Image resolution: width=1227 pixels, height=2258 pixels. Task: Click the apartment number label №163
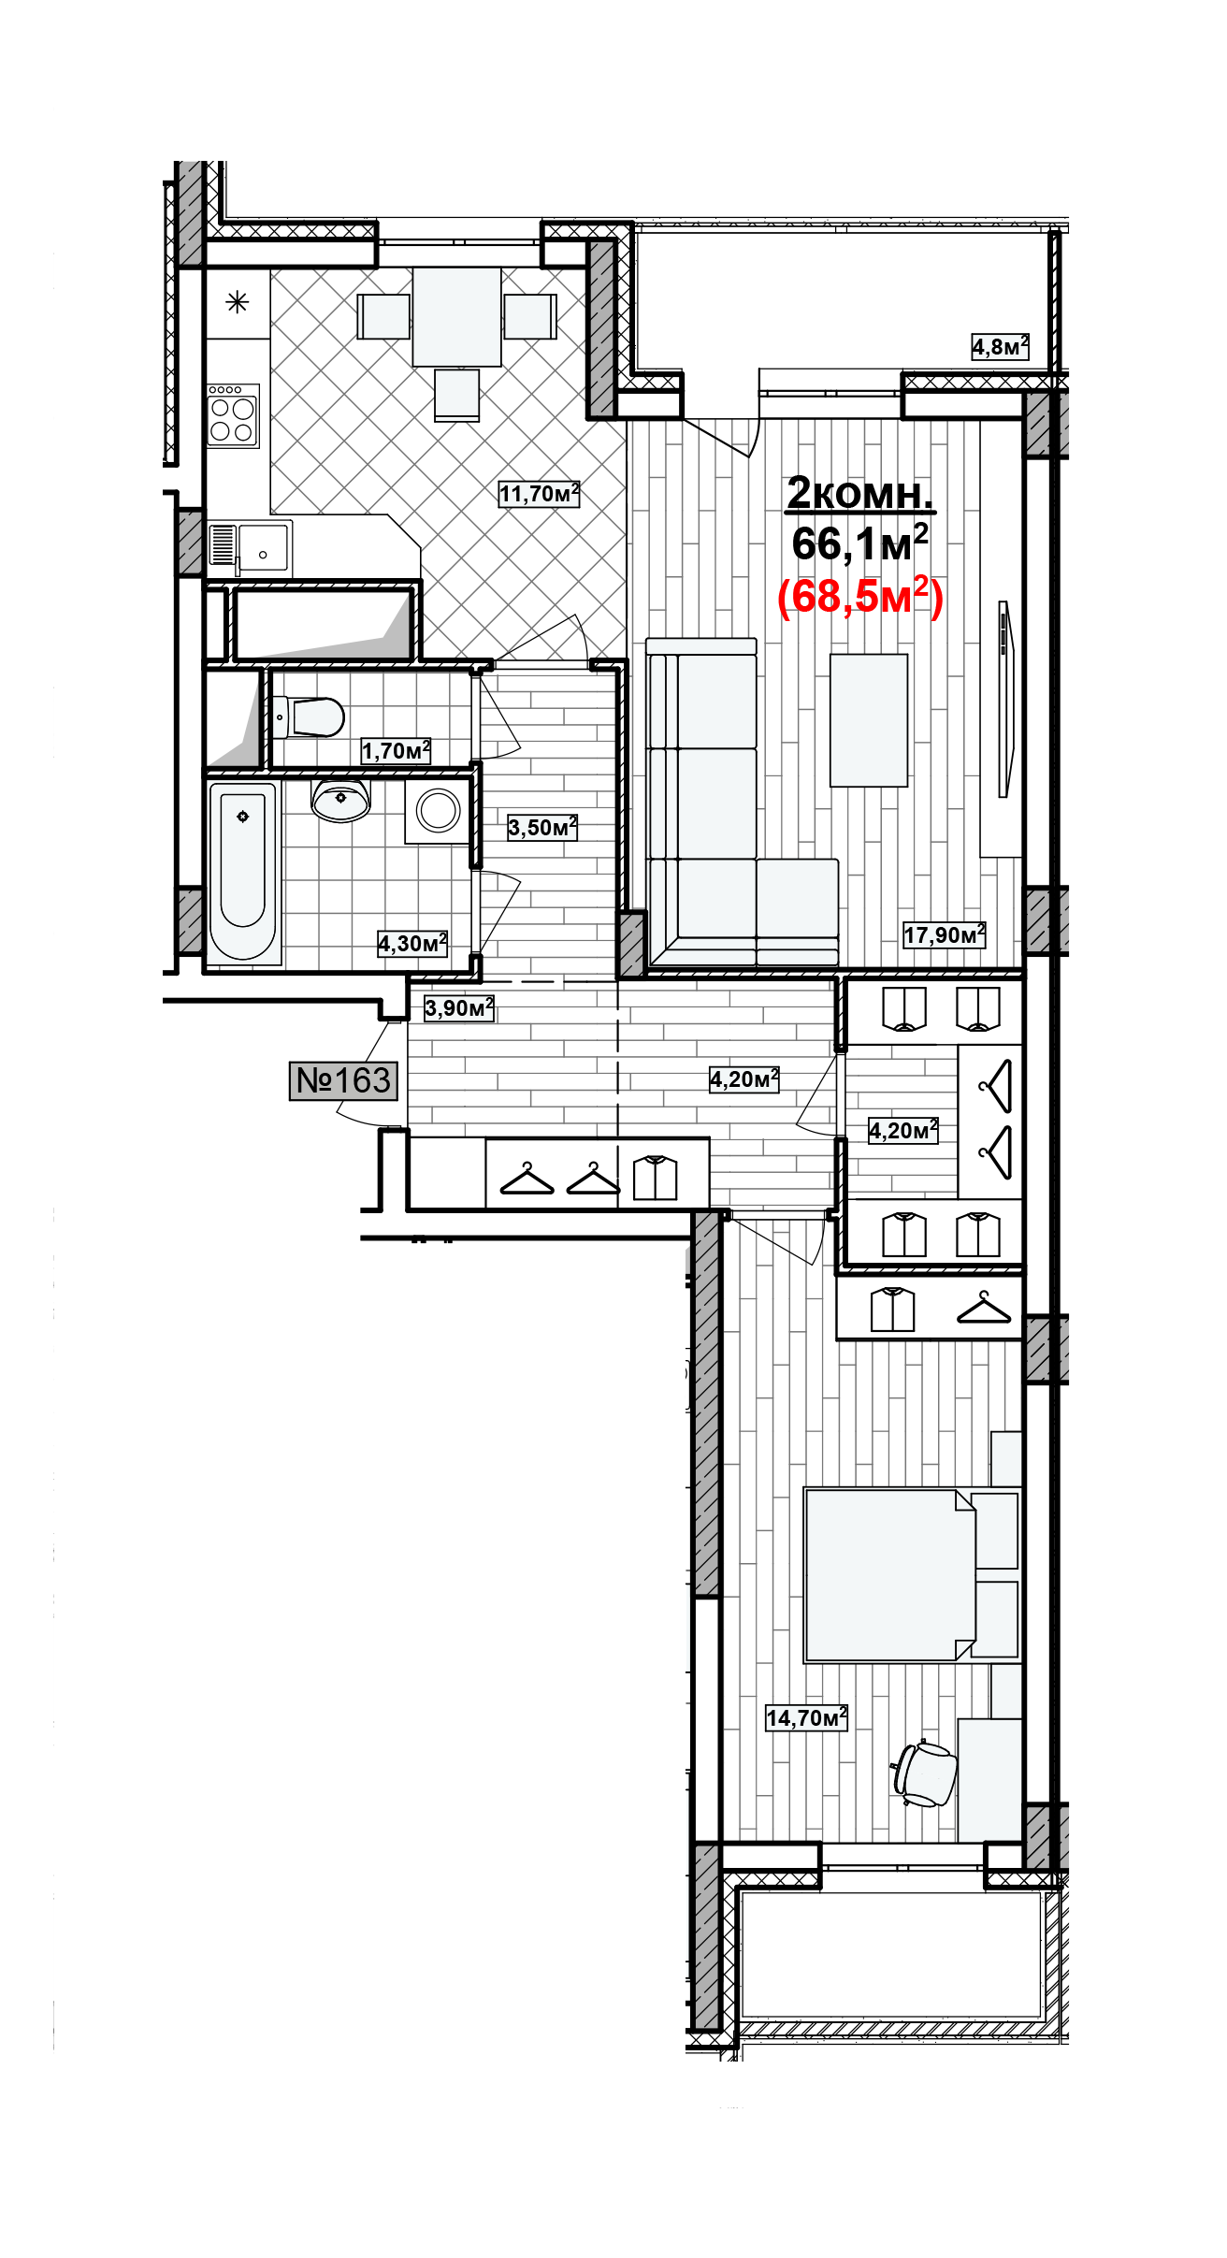point(344,1080)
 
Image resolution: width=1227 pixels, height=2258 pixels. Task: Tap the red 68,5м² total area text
point(860,596)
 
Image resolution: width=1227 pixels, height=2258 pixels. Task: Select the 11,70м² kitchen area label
point(540,493)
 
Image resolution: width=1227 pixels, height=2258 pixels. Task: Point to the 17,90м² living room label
point(945,934)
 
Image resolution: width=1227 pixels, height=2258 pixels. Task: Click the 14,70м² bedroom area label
point(806,1717)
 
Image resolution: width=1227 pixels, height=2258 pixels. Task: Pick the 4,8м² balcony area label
point(1000,347)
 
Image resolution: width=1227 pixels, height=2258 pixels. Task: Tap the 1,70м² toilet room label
point(397,750)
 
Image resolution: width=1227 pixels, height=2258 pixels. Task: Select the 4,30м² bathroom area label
point(412,943)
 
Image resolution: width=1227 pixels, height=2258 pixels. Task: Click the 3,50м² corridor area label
point(542,827)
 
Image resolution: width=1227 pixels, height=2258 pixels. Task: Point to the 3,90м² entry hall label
point(459,1007)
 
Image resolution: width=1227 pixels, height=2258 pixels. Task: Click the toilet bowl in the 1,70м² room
point(310,717)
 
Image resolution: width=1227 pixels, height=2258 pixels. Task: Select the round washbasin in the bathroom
point(340,801)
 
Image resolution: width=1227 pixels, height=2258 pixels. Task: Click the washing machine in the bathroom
point(438,810)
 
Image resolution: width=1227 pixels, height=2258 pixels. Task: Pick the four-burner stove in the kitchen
point(233,415)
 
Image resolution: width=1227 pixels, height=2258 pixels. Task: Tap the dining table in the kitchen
point(456,316)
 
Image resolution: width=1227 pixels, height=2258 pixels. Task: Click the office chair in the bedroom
point(925,1773)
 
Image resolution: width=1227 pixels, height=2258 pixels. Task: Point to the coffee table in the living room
point(869,720)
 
